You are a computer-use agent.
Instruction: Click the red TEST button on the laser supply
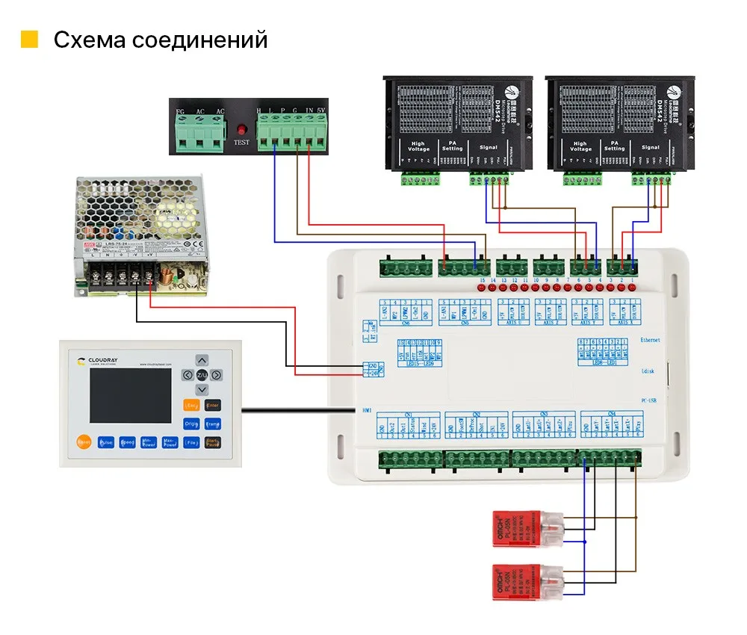click(x=241, y=128)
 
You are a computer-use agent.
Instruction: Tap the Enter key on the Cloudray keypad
click(x=213, y=405)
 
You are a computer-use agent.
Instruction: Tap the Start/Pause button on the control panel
click(x=213, y=442)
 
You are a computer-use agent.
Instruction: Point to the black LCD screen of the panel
click(x=130, y=395)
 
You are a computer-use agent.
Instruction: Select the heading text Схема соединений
click(x=160, y=39)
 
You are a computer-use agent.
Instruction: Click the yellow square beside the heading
click(x=29, y=39)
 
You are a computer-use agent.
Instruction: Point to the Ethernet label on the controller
click(x=650, y=340)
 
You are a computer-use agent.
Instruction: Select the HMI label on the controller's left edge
click(x=366, y=410)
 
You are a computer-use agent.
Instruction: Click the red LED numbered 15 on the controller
click(x=483, y=286)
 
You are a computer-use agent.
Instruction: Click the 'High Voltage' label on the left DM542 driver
click(x=418, y=146)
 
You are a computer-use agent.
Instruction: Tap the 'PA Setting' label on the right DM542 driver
click(x=614, y=146)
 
